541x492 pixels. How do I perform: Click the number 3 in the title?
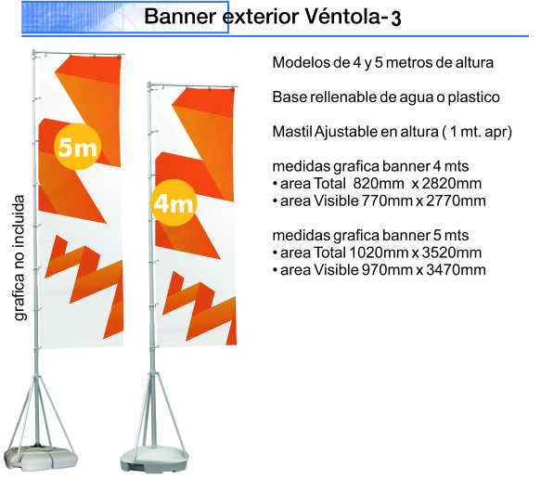pyautogui.click(x=396, y=19)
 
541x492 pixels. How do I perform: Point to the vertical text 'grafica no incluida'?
pyautogui.click(x=19, y=257)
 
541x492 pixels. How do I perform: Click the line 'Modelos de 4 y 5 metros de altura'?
pyautogui.click(x=381, y=63)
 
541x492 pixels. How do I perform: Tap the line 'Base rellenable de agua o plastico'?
pyautogui.click(x=386, y=97)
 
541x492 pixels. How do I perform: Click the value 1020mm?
pyautogui.click(x=380, y=252)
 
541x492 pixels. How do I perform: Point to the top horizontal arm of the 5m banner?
pyautogui.click(x=78, y=52)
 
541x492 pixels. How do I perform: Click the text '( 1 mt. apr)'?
pyautogui.click(x=480, y=131)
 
